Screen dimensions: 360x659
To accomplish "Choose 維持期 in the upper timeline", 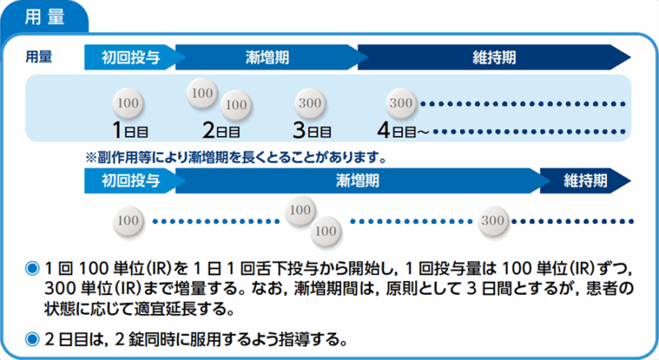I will click(495, 58).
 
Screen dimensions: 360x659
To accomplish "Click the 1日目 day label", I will click(130, 130).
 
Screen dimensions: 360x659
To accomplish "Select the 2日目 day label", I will click(222, 130).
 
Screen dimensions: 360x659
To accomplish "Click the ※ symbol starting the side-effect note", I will click(91, 155).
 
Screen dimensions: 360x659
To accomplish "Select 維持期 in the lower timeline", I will click(586, 179).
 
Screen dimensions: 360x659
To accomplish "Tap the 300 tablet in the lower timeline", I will click(493, 221).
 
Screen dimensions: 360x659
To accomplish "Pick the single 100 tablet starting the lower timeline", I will click(127, 221).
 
